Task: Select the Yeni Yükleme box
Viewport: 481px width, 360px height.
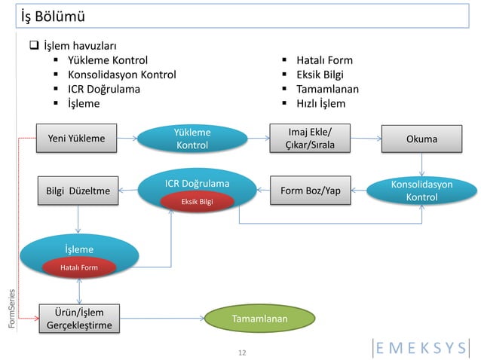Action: (76, 138)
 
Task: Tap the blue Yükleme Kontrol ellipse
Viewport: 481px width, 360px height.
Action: (191, 138)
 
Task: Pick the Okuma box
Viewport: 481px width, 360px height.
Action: (421, 139)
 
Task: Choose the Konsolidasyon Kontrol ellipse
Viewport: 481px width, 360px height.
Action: (421, 191)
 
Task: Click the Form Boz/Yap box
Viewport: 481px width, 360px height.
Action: (309, 191)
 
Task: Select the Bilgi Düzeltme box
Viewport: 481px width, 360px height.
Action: (78, 191)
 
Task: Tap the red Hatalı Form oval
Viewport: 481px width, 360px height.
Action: (79, 267)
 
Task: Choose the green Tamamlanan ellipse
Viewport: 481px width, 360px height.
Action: (259, 319)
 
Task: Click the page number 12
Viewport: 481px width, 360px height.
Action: (241, 352)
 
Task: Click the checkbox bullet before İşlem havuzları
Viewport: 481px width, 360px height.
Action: (34, 47)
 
